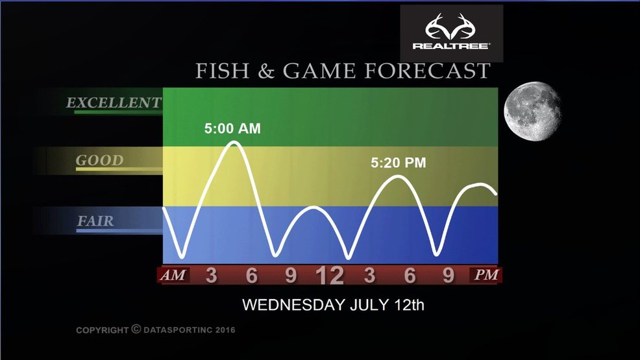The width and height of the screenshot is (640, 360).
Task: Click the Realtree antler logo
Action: point(450,27)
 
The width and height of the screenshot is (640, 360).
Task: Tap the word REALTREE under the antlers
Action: point(451,46)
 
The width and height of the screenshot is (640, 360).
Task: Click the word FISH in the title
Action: point(223,71)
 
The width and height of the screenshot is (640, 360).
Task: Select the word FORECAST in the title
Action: point(427,71)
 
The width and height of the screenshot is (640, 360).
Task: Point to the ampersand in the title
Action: point(266,71)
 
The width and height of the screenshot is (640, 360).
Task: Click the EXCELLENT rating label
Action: point(114,102)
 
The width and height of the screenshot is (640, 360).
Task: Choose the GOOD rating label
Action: point(99,160)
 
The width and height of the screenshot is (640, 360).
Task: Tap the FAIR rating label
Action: point(95,221)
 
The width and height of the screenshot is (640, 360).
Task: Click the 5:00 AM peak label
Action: point(232,129)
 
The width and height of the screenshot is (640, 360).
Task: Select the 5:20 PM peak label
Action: point(399,163)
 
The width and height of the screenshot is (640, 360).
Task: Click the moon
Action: point(532,112)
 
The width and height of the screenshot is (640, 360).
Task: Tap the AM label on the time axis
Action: point(173,275)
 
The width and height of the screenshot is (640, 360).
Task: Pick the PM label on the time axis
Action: point(486,275)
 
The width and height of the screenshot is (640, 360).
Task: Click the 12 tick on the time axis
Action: point(330,276)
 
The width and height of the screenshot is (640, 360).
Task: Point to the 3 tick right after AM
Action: point(212,275)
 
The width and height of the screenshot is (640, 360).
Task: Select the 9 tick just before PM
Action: point(449,275)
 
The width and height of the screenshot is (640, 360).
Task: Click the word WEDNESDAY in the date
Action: point(293,305)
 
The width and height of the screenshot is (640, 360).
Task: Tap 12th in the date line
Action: point(410,305)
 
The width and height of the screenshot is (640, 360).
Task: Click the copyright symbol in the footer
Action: point(136,329)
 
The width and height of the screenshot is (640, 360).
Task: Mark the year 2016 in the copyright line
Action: point(225,330)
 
